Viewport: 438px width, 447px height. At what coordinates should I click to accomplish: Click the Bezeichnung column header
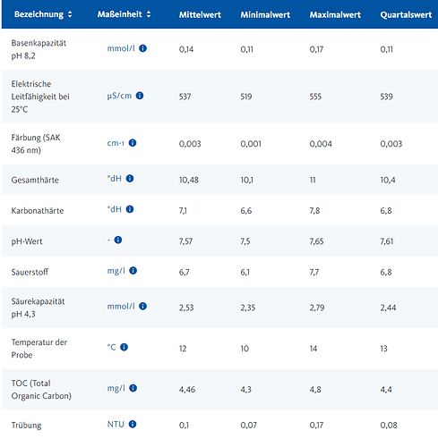[39, 14]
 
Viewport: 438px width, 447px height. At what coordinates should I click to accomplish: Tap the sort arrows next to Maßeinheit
[149, 14]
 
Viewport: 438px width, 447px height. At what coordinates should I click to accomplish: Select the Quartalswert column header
[406, 15]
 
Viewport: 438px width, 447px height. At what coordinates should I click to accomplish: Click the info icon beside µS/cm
[140, 96]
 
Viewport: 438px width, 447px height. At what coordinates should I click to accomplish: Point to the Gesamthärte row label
[35, 180]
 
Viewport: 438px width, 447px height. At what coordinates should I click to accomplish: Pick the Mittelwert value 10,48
[189, 180]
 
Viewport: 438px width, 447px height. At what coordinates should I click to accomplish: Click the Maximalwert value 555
[315, 97]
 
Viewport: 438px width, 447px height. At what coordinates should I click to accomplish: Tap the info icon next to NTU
[133, 424]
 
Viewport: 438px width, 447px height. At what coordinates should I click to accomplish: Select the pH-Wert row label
[27, 241]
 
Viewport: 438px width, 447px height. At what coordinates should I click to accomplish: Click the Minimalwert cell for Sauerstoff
[245, 272]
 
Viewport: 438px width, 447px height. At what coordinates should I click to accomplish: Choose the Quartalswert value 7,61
[387, 241]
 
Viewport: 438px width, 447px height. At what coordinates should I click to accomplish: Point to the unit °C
[111, 347]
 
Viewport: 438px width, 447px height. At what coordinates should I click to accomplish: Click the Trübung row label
[26, 426]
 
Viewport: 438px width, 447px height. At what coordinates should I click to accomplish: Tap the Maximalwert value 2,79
[317, 308]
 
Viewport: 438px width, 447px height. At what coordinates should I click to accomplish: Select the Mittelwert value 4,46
[187, 390]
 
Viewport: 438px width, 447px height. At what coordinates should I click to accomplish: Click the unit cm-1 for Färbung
[116, 143]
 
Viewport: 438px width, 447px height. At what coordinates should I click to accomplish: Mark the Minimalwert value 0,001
[251, 144]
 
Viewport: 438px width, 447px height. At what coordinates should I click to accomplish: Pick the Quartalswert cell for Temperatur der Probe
[383, 349]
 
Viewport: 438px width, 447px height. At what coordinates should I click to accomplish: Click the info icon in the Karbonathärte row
[130, 209]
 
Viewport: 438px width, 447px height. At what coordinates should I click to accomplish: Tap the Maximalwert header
[335, 15]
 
